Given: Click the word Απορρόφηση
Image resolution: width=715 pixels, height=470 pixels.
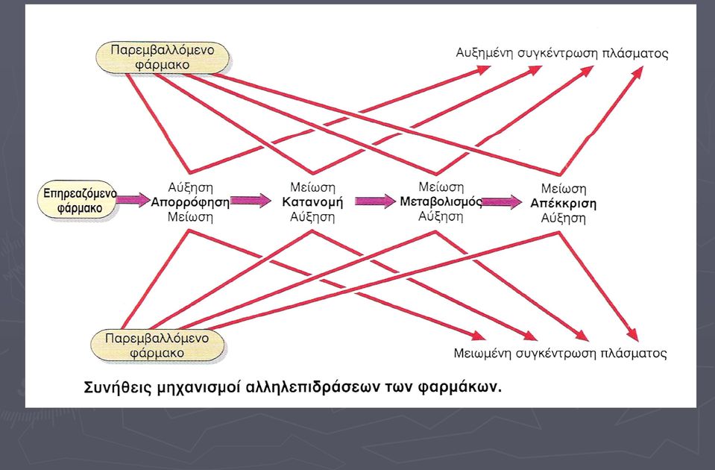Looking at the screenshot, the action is (190, 202).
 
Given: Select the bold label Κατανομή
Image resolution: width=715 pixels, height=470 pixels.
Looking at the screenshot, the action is (312, 202).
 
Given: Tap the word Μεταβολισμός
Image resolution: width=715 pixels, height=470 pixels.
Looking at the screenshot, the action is (441, 201).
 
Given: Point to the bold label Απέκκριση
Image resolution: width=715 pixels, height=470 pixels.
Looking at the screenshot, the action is (563, 204).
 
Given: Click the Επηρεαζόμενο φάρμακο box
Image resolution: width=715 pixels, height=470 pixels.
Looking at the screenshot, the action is (78, 201).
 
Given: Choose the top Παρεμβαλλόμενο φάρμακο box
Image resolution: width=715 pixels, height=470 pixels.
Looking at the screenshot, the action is (163, 57).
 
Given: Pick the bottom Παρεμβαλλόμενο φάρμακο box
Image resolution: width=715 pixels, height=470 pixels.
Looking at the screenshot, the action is (157, 345).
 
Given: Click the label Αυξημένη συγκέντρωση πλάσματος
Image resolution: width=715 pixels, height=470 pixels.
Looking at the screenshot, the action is (562, 53).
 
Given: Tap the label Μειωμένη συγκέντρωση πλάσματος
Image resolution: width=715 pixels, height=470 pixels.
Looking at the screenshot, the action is (560, 353).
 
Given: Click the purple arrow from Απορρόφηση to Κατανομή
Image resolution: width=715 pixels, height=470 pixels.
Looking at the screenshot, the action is (251, 201).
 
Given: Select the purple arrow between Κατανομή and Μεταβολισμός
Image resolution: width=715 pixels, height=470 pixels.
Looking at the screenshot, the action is (375, 201).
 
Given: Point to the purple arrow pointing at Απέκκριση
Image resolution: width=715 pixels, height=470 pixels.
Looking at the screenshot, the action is (502, 202).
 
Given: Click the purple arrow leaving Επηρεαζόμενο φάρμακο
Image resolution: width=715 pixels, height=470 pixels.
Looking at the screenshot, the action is (133, 199).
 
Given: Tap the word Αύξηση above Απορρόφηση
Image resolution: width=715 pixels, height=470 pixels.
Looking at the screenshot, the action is (190, 187).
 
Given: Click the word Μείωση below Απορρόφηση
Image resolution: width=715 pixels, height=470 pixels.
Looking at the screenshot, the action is (190, 217).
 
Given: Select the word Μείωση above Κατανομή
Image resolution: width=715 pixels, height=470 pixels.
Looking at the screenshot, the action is (313, 187).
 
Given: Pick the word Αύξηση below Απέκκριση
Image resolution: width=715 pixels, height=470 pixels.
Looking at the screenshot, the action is (563, 218).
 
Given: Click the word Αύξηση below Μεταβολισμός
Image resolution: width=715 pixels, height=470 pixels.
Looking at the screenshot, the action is (441, 216).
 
